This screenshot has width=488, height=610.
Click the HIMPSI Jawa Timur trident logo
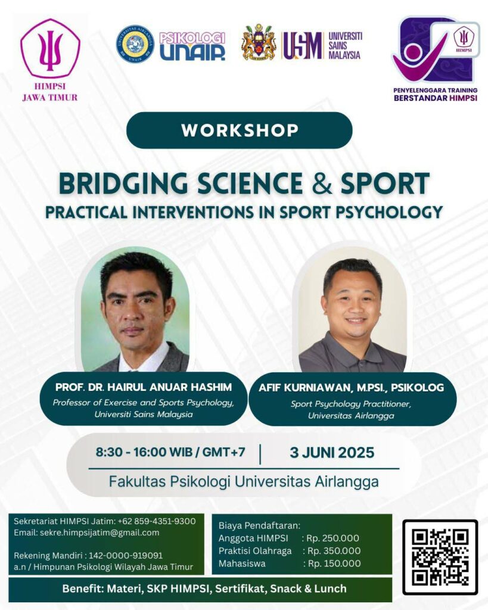click(x=50, y=49)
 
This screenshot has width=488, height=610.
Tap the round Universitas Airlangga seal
click(x=135, y=44)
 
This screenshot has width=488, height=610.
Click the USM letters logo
click(x=302, y=45)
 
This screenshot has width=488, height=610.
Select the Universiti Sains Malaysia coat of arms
click(x=259, y=42)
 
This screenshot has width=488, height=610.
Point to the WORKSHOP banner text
click(x=240, y=130)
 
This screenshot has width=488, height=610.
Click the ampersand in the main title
click(x=322, y=183)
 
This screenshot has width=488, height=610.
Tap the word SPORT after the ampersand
click(x=385, y=183)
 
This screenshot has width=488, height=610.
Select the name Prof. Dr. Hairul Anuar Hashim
click(x=144, y=387)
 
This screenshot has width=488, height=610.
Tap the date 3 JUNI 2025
click(x=332, y=453)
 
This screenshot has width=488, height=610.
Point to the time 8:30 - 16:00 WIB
click(x=144, y=452)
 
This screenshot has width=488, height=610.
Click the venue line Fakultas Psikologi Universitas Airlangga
click(x=244, y=481)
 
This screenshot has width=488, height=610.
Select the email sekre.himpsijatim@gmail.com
click(x=100, y=533)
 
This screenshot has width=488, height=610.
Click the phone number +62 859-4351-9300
click(x=157, y=521)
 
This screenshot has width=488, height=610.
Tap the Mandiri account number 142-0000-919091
click(x=126, y=556)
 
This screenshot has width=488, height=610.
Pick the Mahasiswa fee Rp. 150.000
click(x=334, y=564)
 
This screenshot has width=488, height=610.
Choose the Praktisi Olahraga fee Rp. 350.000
click(x=334, y=551)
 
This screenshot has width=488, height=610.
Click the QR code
click(x=440, y=557)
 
